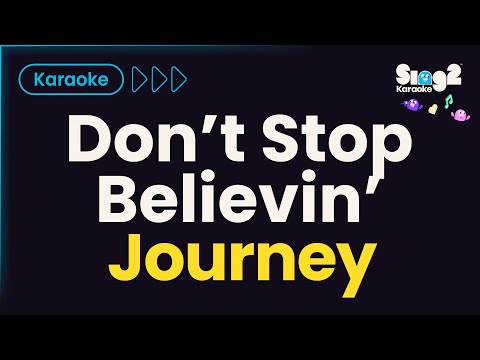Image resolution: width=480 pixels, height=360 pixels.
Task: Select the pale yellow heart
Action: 433,108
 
